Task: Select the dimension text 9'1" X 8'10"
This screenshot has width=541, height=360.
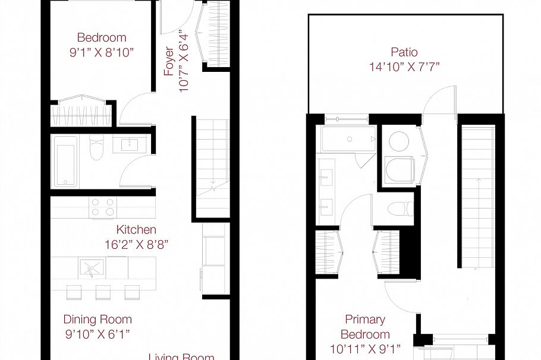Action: coord(101,52)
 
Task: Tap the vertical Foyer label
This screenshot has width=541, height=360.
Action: coord(169,61)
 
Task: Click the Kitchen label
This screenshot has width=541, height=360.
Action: coord(136,229)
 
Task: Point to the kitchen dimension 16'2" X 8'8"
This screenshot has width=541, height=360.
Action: coord(136,244)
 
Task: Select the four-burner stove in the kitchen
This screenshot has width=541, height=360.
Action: coord(102,207)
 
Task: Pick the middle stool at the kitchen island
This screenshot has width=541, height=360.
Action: coord(103,292)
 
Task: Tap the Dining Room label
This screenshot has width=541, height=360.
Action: coord(97,320)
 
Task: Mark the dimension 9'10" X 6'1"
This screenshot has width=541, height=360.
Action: coord(97,334)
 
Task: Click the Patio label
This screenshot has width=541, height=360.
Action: coord(404,52)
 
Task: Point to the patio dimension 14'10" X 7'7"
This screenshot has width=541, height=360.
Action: coord(404,67)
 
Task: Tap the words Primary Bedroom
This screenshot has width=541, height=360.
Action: coord(365,327)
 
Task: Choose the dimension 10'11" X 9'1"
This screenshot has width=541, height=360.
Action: coord(365,348)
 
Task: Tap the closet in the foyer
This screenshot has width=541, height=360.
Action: coord(216,33)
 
